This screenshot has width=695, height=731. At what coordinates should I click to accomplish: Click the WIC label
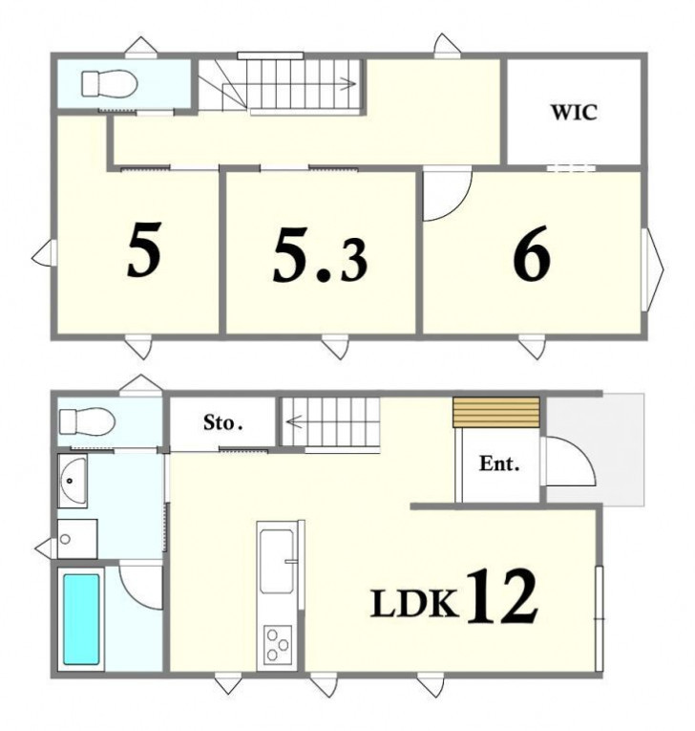[574, 113]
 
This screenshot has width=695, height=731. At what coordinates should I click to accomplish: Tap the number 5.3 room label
[320, 255]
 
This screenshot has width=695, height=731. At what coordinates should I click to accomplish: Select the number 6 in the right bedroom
[532, 254]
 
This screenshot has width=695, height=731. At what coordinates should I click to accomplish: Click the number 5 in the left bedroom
[144, 249]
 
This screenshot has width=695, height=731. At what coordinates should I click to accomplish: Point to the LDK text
[414, 604]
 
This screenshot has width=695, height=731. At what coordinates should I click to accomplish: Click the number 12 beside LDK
[502, 596]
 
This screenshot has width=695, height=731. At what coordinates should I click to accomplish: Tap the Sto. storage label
[222, 423]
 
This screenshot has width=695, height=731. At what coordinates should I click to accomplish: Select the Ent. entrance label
[499, 463]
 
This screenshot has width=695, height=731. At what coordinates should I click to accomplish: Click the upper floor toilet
[110, 83]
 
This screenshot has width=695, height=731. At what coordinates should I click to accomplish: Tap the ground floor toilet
[87, 421]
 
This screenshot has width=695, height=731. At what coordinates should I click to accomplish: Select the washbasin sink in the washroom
[73, 481]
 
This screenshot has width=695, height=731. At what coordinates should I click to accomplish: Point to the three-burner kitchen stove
[278, 644]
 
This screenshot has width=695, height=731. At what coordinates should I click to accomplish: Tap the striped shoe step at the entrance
[496, 412]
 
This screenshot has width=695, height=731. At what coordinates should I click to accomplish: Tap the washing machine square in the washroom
[77, 539]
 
